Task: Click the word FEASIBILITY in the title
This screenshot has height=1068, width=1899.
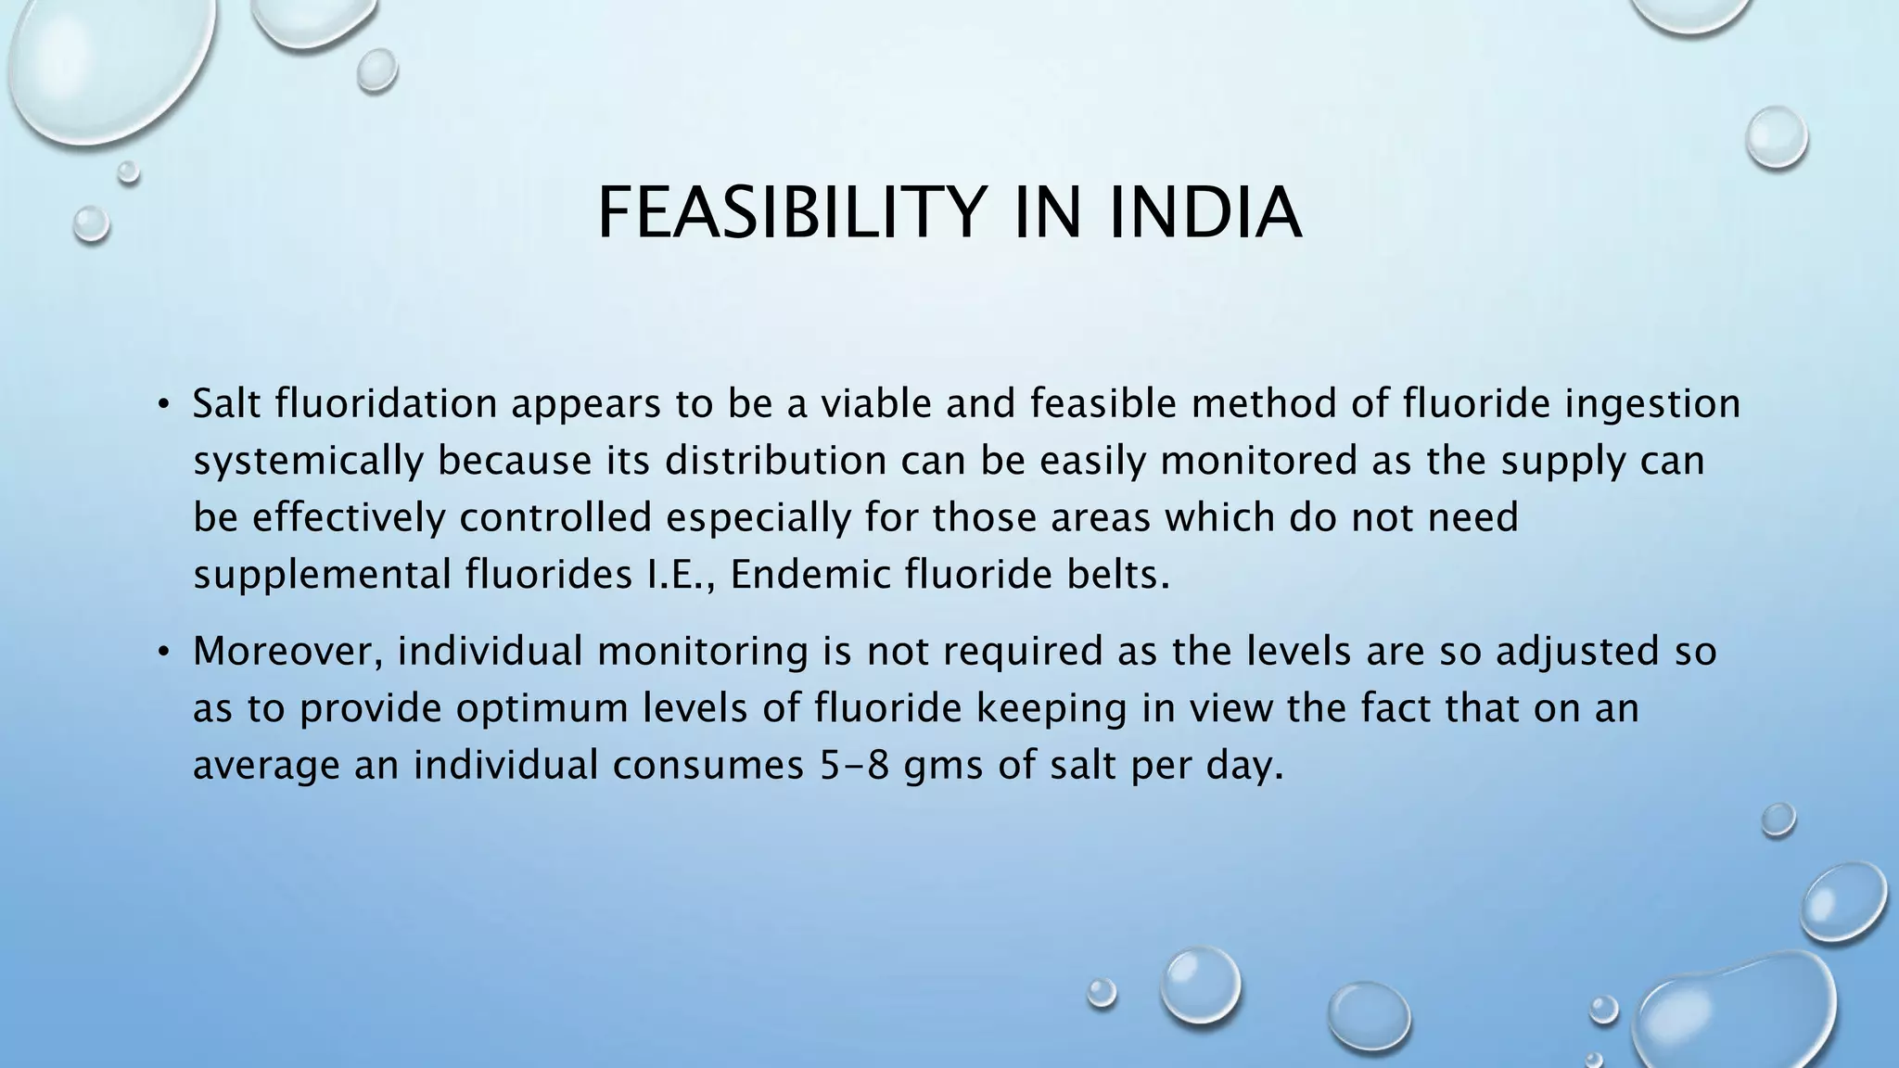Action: (x=788, y=214)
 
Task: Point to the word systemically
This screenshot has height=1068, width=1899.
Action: (x=307, y=462)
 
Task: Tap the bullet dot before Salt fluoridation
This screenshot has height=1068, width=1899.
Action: (x=163, y=404)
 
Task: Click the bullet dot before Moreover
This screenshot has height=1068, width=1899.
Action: (x=163, y=652)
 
